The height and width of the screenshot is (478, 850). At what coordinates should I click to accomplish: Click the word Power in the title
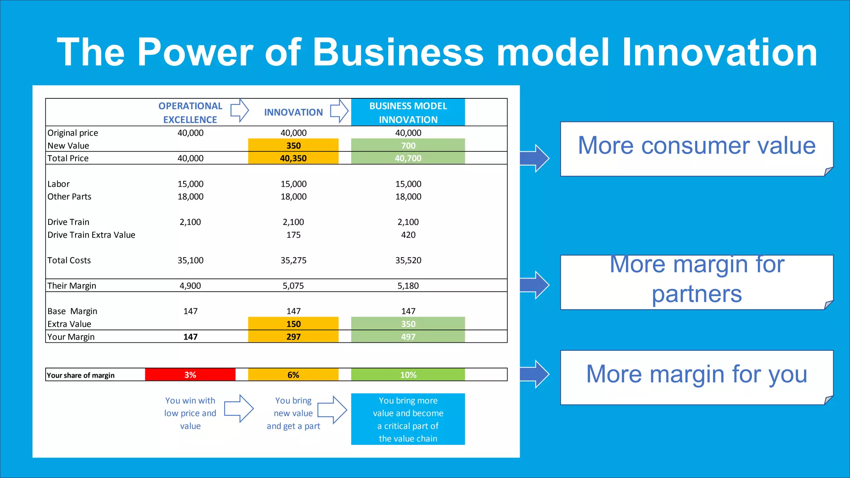(195, 52)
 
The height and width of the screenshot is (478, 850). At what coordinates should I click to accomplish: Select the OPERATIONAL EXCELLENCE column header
(190, 112)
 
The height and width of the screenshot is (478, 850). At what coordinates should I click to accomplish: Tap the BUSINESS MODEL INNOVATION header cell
(408, 112)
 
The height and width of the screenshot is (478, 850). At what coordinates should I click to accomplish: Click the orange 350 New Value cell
(293, 145)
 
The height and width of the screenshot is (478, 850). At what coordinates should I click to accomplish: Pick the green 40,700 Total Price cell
(408, 158)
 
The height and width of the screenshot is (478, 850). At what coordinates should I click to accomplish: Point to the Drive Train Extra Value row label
(91, 235)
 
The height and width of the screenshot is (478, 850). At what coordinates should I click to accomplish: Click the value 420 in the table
(408, 235)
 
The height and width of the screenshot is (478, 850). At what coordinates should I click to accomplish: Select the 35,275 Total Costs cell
(293, 260)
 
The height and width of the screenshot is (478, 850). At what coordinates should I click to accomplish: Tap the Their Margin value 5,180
(408, 285)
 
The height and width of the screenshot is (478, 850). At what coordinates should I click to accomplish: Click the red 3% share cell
(190, 375)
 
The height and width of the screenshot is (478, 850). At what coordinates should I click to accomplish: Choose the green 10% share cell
(408, 375)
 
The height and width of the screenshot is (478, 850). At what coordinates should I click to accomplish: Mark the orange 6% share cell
(293, 375)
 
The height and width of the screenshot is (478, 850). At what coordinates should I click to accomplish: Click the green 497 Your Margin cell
(408, 337)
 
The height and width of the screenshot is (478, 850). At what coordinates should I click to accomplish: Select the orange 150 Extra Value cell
(293, 324)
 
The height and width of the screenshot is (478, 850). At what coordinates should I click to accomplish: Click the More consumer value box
(696, 148)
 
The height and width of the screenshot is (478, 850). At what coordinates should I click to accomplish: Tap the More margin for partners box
(696, 282)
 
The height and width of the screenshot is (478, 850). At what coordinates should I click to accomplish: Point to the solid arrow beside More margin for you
(535, 374)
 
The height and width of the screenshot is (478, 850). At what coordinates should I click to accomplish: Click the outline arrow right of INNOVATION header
(340, 111)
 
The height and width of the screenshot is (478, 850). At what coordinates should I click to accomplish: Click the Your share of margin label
(81, 375)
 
